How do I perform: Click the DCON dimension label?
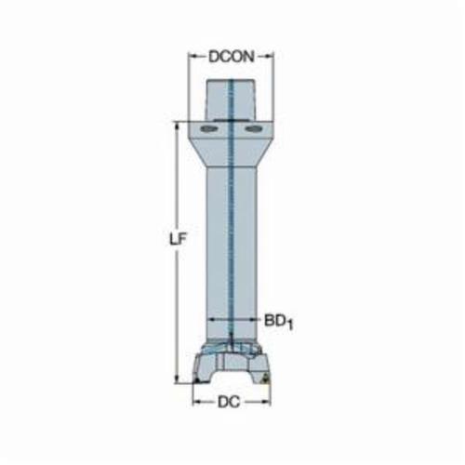click(x=232, y=57)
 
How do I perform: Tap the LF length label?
click(x=179, y=239)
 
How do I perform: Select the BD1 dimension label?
click(x=278, y=323)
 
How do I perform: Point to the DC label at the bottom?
click(x=229, y=403)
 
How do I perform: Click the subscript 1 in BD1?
click(x=289, y=325)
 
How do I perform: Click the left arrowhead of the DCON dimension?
click(x=192, y=57)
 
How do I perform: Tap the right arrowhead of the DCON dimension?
click(x=270, y=57)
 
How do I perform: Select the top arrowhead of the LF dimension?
click(x=177, y=126)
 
